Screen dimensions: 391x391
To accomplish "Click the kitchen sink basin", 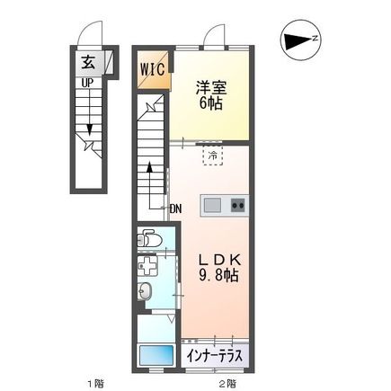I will tap(212, 205).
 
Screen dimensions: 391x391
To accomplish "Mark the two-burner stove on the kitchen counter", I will tap(238, 205).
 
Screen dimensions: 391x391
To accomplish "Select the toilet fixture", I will tap(149, 240).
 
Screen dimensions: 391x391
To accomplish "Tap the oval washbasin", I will tap(146, 291).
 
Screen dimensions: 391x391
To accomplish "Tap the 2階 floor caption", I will tap(227, 383).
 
